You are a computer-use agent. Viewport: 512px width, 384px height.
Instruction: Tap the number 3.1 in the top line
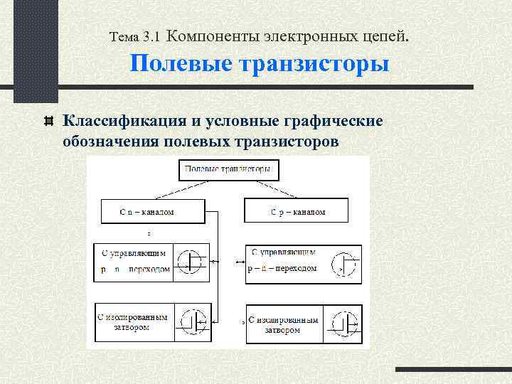153,35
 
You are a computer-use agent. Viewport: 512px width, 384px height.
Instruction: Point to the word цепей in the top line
388,34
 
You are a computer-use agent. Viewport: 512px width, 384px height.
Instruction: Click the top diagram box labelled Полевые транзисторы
228,169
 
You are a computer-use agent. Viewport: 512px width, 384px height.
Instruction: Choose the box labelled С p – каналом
297,211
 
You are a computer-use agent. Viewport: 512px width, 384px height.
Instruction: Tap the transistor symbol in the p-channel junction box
345,265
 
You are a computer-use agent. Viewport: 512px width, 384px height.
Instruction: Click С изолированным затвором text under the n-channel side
133,322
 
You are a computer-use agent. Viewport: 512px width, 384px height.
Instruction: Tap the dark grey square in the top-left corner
36,50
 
